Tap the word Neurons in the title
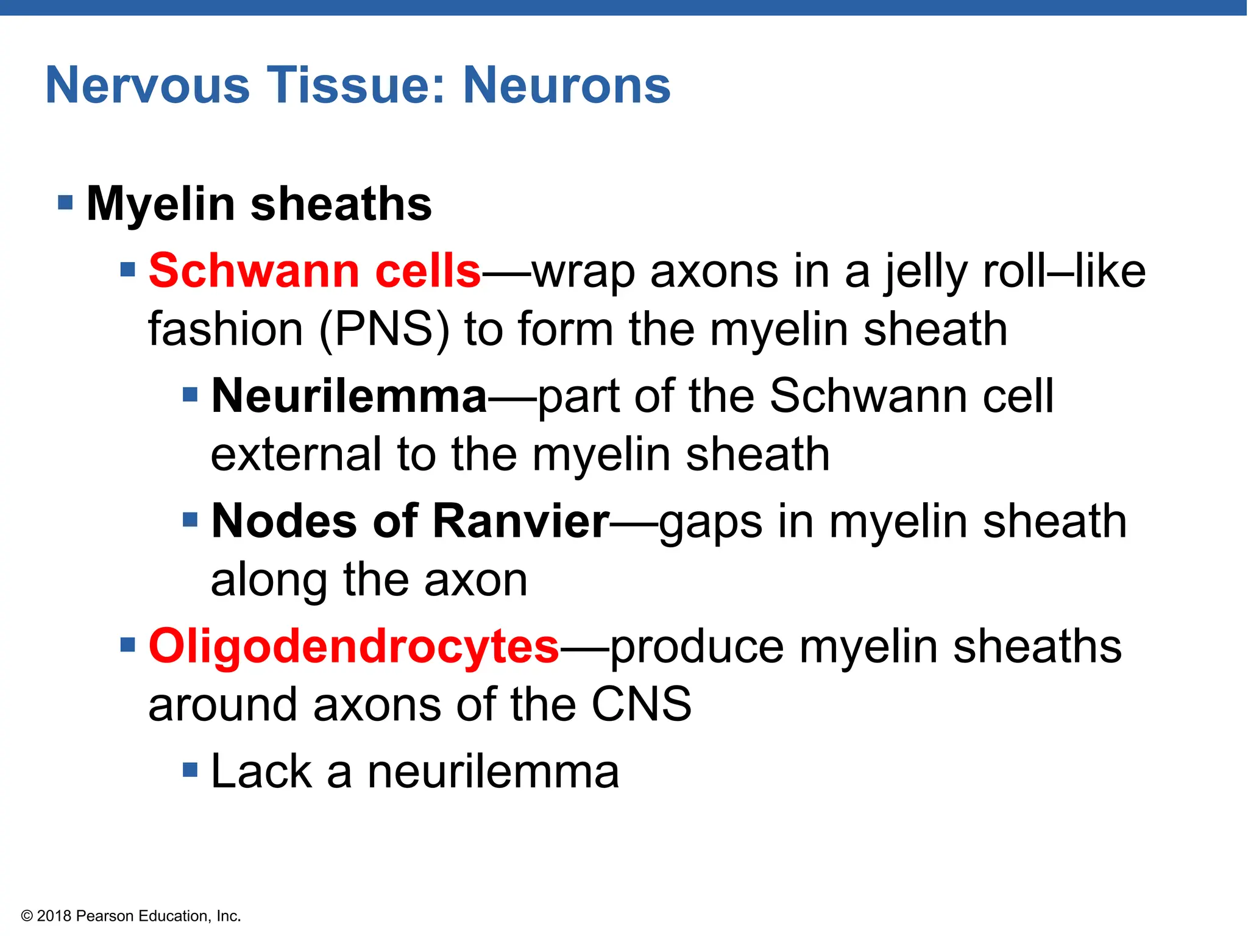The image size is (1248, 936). pos(567,85)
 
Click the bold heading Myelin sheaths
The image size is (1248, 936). pos(259,204)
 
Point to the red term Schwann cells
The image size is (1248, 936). pos(315,271)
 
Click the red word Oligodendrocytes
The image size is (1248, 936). pos(353,646)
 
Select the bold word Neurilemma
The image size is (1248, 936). pos(349,396)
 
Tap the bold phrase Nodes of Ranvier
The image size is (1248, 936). pos(410,521)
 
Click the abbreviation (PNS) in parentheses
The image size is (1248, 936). pos(384,329)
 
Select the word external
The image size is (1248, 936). pos(296,455)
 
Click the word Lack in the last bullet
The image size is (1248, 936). pos(261,771)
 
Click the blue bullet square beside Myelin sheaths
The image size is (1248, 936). pos(65,202)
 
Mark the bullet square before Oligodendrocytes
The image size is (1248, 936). pos(127,644)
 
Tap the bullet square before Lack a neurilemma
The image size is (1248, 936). pos(190,770)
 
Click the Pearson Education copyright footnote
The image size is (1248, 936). pos(131,916)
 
